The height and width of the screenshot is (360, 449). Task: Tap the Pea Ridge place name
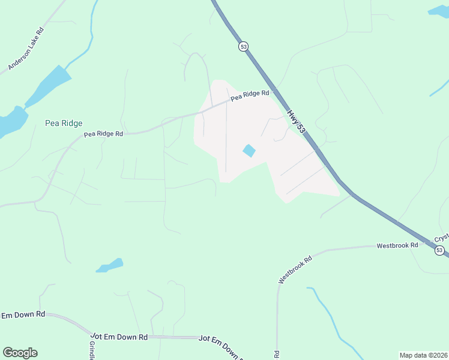[64, 123]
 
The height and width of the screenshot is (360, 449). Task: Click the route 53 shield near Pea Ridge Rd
[243, 46]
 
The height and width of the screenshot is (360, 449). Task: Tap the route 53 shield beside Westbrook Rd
[440, 250]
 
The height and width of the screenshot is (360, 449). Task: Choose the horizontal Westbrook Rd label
[397, 246]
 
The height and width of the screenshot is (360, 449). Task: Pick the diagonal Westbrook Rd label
[296, 270]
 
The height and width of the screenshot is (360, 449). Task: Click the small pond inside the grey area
[249, 151]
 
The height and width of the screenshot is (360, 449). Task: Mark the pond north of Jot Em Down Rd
[110, 265]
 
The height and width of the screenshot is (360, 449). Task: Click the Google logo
[20, 353]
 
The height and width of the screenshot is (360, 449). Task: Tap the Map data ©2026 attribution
[423, 355]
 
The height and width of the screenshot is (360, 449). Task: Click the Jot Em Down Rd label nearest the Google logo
[23, 314]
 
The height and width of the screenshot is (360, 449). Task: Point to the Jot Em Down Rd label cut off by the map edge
[221, 348]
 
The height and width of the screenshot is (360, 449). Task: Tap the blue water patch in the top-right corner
[438, 11]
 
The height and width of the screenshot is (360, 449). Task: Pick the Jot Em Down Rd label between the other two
[119, 337]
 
